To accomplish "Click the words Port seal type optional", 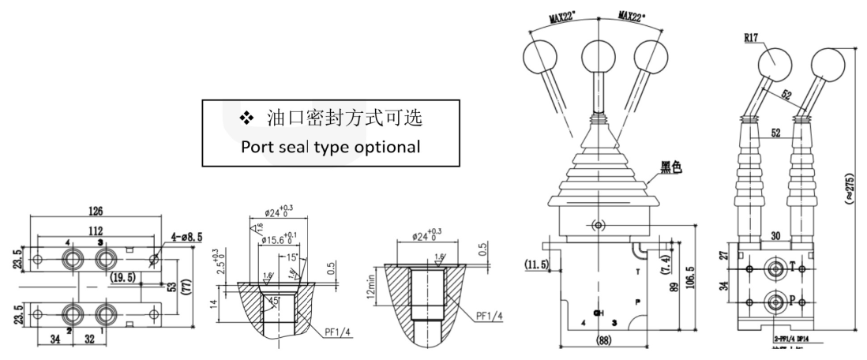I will [331, 148].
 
